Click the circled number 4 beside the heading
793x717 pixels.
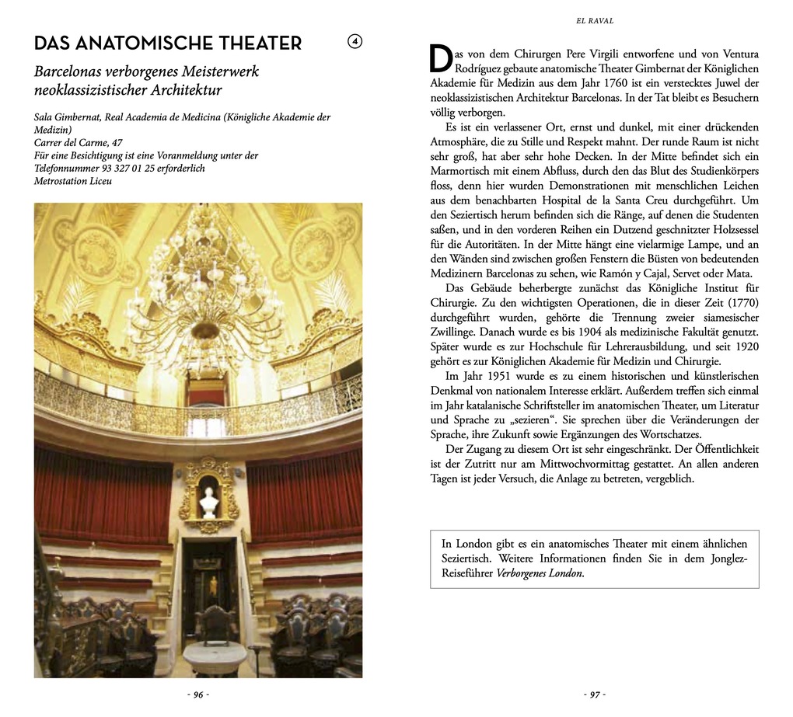click(355, 42)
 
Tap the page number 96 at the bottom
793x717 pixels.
click(198, 694)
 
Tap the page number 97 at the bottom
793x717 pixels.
click(595, 694)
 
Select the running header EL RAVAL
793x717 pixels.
click(595, 21)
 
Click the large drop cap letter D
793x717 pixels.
click(440, 59)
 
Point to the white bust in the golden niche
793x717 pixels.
click(208, 502)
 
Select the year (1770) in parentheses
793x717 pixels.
click(739, 302)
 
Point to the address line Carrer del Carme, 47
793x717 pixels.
click(79, 143)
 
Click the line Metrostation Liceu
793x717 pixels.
click(73, 181)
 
